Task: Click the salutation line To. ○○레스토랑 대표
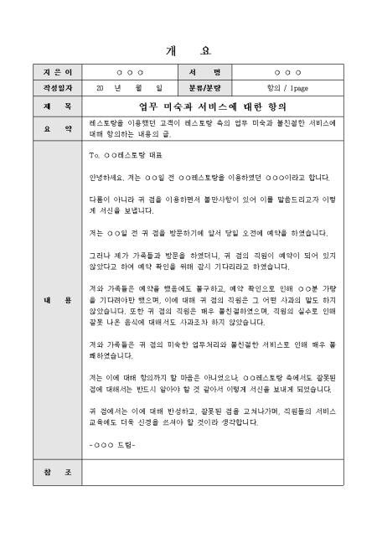[x=127, y=156]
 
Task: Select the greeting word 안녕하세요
[x=104, y=178]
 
